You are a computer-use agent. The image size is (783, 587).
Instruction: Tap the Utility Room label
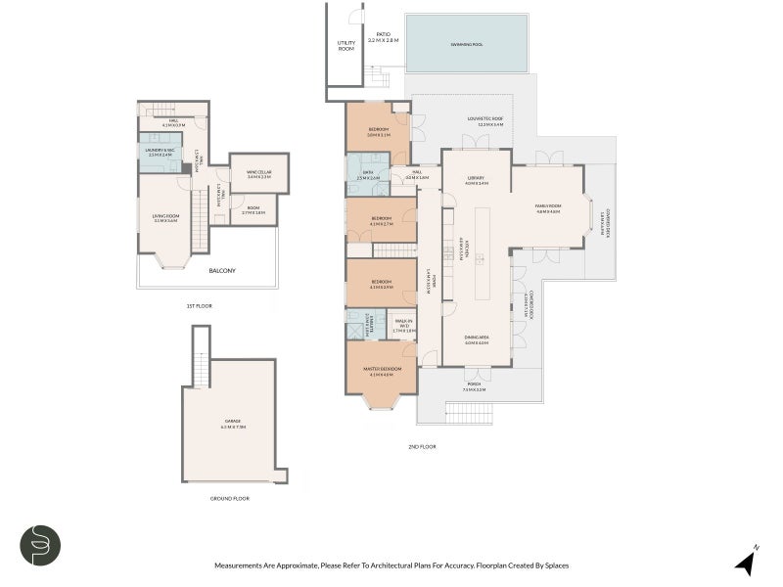[346, 45]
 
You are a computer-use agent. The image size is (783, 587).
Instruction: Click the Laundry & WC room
[161, 153]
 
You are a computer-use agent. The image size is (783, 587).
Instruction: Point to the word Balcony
[222, 271]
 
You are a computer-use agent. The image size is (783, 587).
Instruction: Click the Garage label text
[234, 425]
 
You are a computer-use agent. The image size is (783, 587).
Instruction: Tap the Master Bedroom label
[380, 370]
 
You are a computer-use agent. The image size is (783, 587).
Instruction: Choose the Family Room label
[546, 207]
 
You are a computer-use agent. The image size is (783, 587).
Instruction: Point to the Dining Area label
[477, 339]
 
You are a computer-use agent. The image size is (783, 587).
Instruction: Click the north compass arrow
[746, 562]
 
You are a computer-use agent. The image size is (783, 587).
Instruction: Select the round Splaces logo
[40, 545]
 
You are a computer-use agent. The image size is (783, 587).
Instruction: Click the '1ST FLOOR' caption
[199, 306]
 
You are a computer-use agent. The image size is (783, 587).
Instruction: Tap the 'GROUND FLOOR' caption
[231, 498]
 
